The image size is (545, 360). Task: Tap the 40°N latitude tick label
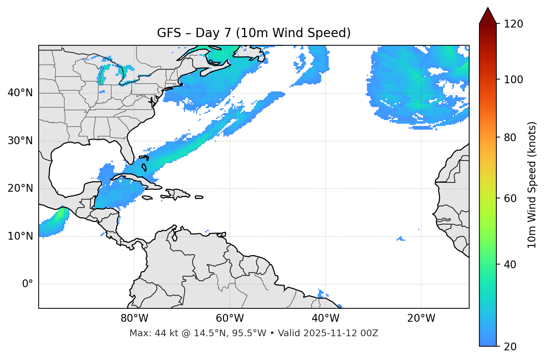pyautogui.click(x=20, y=93)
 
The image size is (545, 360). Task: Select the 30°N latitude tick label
pyautogui.click(x=20, y=140)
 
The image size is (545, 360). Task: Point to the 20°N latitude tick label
pyautogui.click(x=20, y=188)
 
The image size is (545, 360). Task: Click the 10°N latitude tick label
pyautogui.click(x=20, y=236)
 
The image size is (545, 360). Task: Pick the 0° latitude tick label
pyautogui.click(x=28, y=284)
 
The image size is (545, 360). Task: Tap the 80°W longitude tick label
pyautogui.click(x=134, y=318)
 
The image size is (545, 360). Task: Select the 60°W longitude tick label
pyautogui.click(x=230, y=318)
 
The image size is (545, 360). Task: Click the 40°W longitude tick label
pyautogui.click(x=325, y=318)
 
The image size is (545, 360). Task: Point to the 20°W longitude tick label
pyautogui.click(x=421, y=318)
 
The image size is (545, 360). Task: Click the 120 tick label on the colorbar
pyautogui.click(x=513, y=24)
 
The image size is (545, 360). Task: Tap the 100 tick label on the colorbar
pyautogui.click(x=513, y=80)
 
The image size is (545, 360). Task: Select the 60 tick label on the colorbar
pyautogui.click(x=510, y=198)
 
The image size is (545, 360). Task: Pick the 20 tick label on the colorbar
pyautogui.click(x=510, y=346)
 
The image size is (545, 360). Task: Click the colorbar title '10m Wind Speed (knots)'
pyautogui.click(x=532, y=185)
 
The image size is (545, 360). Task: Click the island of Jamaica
pyautogui.click(x=147, y=198)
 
